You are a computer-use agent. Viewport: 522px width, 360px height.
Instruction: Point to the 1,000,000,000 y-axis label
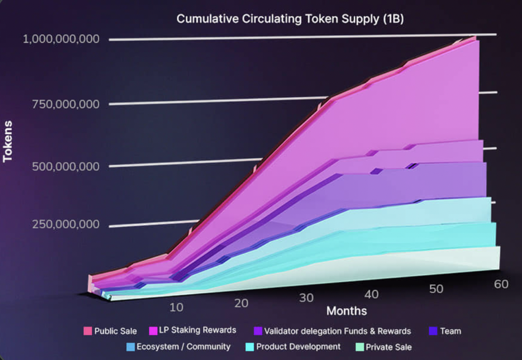[61, 39]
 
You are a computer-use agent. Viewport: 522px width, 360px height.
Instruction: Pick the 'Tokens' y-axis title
[7, 141]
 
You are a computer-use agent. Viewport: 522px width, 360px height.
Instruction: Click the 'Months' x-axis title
[347, 311]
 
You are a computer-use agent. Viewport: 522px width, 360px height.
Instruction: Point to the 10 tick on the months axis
[176, 307]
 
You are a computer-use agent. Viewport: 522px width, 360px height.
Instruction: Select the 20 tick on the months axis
[241, 303]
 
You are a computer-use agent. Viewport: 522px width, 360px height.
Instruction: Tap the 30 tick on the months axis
[307, 298]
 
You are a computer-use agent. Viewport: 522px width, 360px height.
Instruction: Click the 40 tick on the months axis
[372, 294]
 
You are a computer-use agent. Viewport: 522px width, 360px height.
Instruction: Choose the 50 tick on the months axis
[436, 289]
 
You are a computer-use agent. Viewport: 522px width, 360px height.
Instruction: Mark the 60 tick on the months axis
[501, 284]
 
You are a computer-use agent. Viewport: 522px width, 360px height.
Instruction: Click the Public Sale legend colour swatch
[87, 331]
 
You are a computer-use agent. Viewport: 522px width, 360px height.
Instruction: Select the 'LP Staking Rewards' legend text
[197, 330]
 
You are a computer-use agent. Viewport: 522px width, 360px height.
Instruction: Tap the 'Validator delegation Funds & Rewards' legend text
[337, 331]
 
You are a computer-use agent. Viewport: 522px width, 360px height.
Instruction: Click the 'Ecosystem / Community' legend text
[183, 347]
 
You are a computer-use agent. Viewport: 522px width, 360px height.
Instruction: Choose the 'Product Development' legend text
[298, 347]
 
